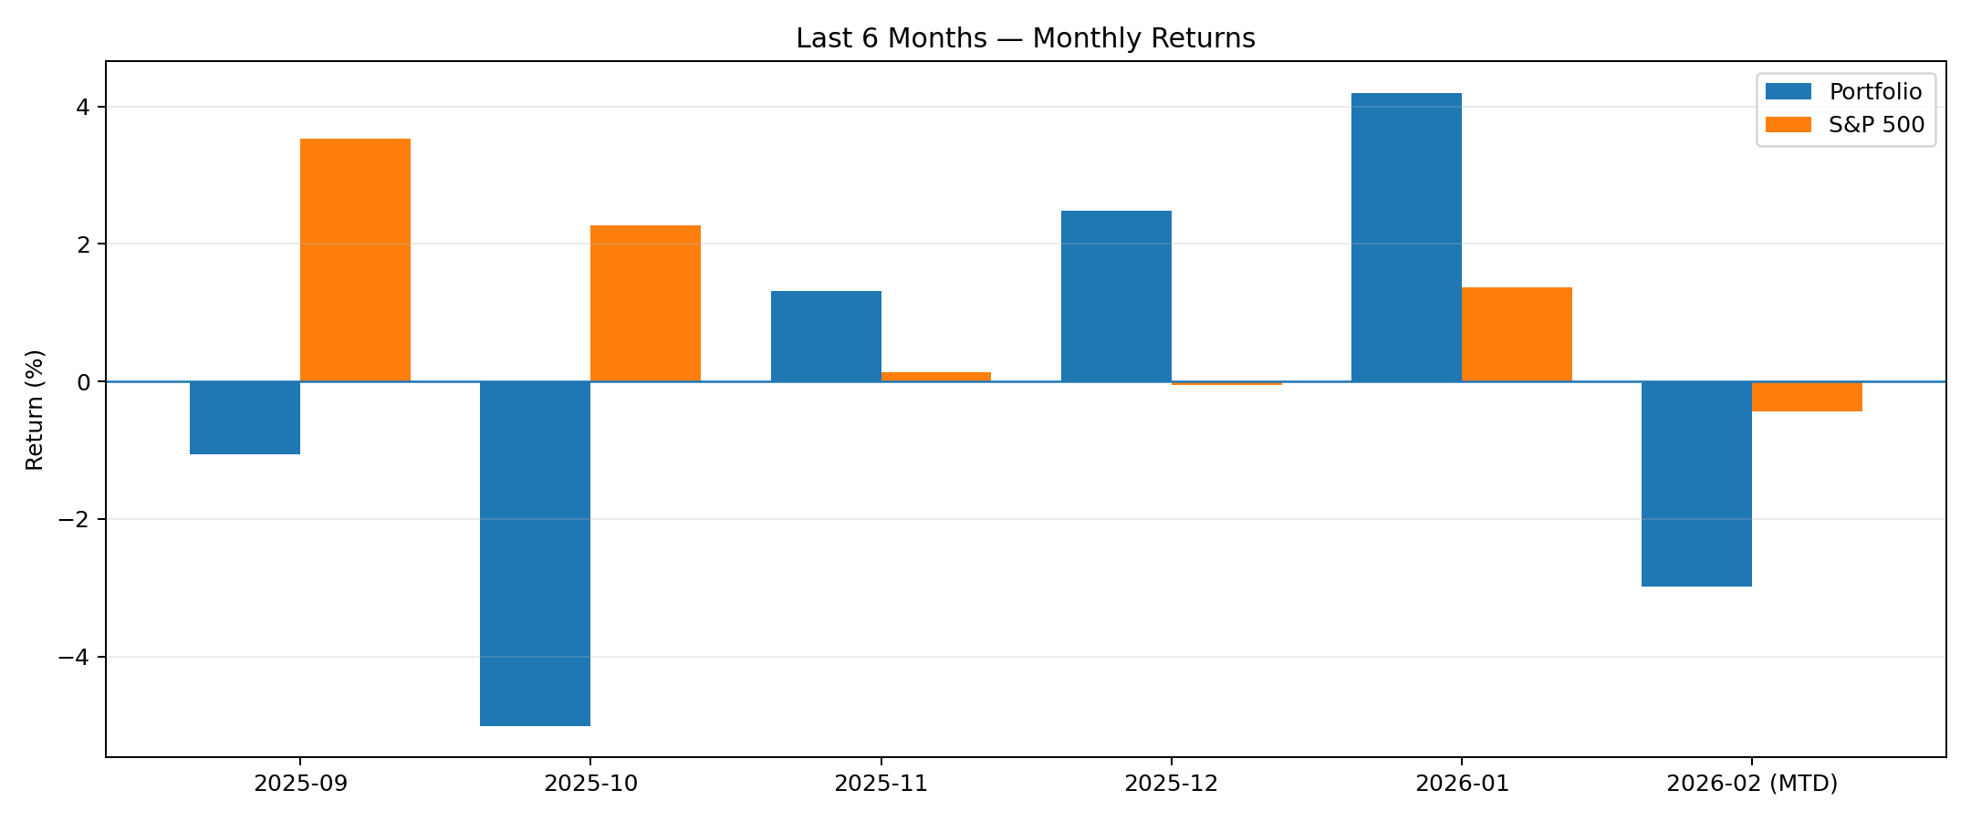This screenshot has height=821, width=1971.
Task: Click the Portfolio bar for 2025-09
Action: click(x=245, y=418)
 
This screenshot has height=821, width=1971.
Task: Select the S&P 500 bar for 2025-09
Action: click(x=355, y=260)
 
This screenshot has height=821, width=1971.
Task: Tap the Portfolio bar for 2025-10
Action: click(x=535, y=554)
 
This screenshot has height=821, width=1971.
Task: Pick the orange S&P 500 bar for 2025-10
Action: click(x=645, y=304)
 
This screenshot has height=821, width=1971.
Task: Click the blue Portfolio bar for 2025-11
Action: click(x=826, y=337)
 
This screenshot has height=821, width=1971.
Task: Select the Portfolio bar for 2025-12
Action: click(x=1116, y=296)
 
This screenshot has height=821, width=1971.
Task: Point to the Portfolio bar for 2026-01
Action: click(x=1406, y=237)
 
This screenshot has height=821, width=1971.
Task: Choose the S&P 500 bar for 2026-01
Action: click(x=1517, y=335)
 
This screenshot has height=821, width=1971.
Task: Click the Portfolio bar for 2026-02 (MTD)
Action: click(x=1696, y=483)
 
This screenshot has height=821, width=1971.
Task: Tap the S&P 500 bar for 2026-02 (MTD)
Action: click(x=1807, y=397)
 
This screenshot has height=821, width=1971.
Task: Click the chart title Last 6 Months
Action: click(x=1026, y=38)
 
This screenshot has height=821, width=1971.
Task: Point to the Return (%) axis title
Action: click(x=35, y=410)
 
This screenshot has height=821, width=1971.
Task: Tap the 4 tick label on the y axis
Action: click(x=83, y=108)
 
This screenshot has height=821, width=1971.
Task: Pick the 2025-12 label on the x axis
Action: click(x=1172, y=784)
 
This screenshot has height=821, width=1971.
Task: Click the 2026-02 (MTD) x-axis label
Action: click(x=1752, y=784)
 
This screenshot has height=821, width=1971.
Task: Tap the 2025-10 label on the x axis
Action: click(x=590, y=784)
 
